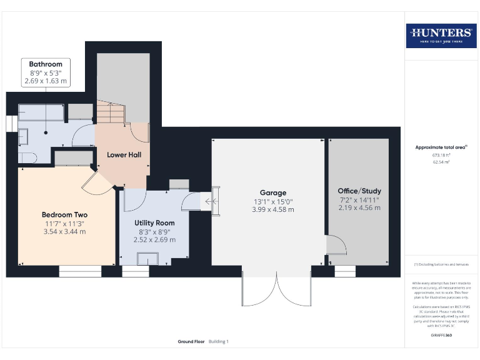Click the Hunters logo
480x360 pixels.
tap(441, 36)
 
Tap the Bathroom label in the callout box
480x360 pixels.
tap(46, 64)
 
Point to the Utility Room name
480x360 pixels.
tap(154, 222)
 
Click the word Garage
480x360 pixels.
tap(272, 192)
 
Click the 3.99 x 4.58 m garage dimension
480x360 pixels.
tap(272, 209)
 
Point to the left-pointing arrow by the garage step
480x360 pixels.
tap(207, 201)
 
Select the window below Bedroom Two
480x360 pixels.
tap(80, 271)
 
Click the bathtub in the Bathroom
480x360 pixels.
tap(41, 112)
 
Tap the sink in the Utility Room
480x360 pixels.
tap(148, 258)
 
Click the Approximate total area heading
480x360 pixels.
tap(441, 147)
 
